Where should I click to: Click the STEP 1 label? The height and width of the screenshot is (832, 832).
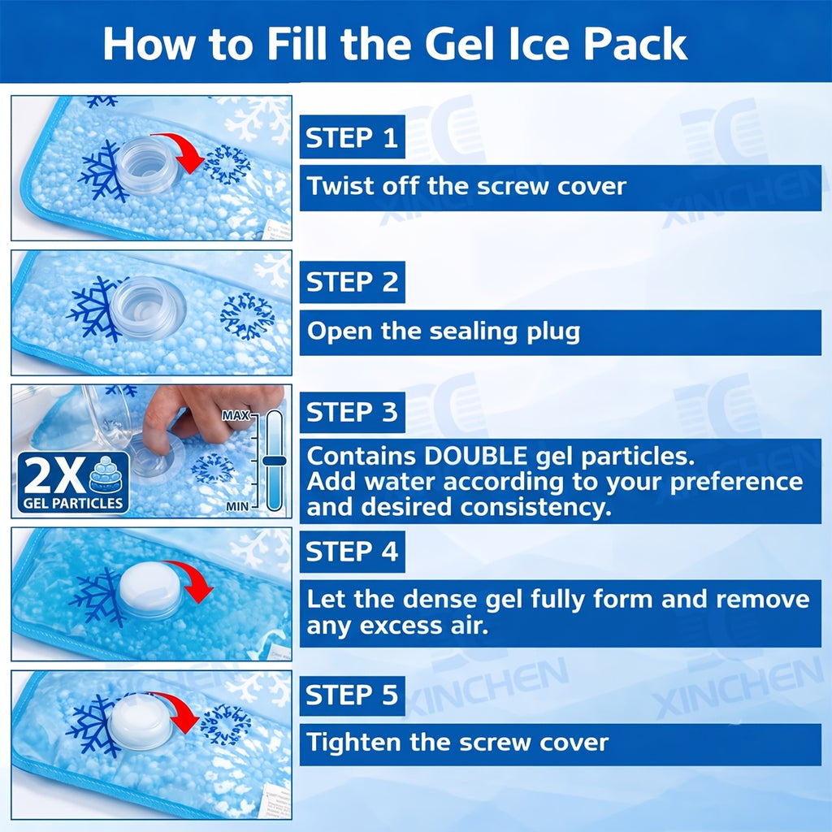352,136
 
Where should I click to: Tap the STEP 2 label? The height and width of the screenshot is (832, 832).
352,282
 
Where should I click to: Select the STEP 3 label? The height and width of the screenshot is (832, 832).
352,412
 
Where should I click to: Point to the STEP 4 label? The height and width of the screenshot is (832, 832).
352,552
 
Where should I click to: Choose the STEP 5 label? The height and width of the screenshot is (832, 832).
352,695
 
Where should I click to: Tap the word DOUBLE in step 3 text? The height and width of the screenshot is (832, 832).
475,456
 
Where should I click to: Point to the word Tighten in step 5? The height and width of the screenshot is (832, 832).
353,743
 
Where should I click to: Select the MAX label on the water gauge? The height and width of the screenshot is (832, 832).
236,415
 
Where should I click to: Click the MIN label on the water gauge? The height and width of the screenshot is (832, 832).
236,506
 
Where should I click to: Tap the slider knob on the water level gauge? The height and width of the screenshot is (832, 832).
275,461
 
